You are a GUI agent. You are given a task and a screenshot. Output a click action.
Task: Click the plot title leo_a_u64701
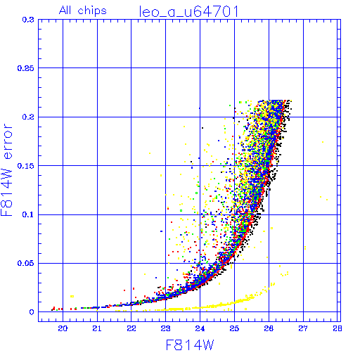tap(189, 12)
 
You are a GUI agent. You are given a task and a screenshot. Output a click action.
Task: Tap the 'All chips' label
tap(83, 11)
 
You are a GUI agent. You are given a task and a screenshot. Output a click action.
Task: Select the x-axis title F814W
tap(190, 345)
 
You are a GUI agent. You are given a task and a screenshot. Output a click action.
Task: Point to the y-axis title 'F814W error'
tap(7, 169)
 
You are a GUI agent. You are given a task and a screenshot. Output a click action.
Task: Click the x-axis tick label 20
tap(63, 328)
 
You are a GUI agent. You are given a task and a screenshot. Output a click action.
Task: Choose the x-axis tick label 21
tap(97, 328)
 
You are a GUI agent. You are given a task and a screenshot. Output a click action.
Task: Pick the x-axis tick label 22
tap(131, 328)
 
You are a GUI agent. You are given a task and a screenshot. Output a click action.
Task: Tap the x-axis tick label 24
tap(200, 328)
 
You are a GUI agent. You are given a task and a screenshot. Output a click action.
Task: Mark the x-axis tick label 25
tap(234, 328)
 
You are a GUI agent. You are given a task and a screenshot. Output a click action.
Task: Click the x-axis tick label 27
tap(303, 328)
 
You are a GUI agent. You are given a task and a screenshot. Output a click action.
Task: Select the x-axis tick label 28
tap(337, 328)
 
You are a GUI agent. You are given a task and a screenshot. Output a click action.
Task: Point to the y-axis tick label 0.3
tap(28, 20)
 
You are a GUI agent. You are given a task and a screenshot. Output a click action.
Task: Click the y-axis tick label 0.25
tap(26, 68)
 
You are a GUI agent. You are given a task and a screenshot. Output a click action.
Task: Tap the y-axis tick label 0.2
tap(28, 117)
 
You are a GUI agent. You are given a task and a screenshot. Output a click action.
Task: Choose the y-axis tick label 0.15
tap(26, 166)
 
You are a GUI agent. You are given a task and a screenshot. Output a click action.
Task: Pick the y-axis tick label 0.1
tap(28, 214)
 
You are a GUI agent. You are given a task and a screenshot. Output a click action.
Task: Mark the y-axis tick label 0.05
tap(26, 264)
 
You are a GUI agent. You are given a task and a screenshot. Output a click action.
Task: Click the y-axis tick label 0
tap(32, 312)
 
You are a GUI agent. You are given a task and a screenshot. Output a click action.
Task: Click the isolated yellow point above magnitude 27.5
tap(323, 142)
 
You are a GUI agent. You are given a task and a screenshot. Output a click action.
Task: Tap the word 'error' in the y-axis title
tap(8, 141)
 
